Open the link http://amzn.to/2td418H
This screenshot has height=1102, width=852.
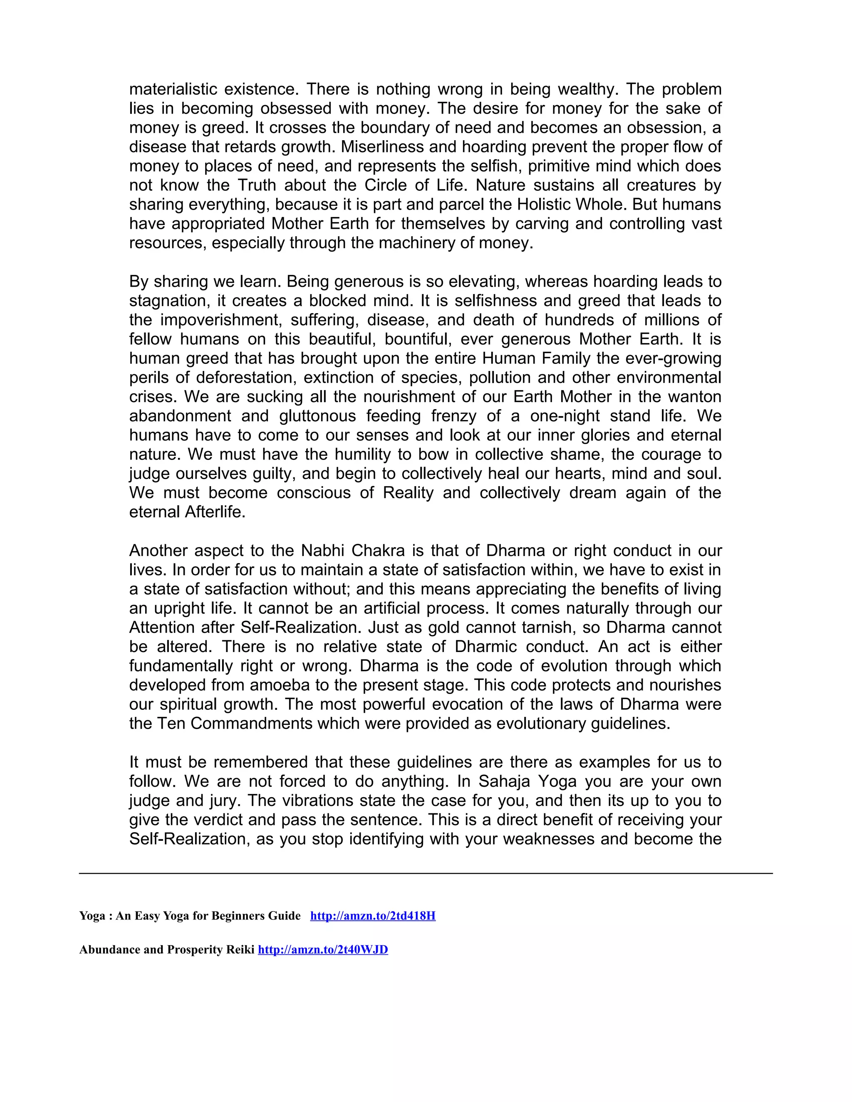click(372, 916)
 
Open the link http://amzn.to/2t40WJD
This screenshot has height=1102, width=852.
click(322, 950)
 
